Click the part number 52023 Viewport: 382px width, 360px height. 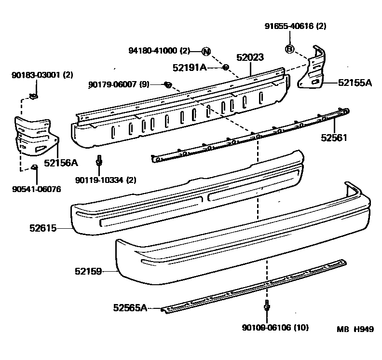(250, 58)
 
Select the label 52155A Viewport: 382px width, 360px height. (355, 83)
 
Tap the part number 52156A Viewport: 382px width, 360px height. (61, 163)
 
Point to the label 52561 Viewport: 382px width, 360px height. (335, 138)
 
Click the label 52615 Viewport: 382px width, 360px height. (43, 228)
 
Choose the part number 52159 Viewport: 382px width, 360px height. (88, 272)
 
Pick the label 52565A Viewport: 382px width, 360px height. (130, 306)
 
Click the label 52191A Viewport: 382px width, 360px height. (190, 68)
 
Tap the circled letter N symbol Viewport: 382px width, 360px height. (206, 52)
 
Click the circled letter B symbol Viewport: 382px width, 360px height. (289, 48)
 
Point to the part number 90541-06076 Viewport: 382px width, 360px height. (37, 189)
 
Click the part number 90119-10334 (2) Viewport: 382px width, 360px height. (106, 180)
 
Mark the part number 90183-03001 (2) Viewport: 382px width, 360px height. (42, 75)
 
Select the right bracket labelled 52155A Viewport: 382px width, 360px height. (314, 70)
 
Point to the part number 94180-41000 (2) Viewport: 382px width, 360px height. (160, 51)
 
